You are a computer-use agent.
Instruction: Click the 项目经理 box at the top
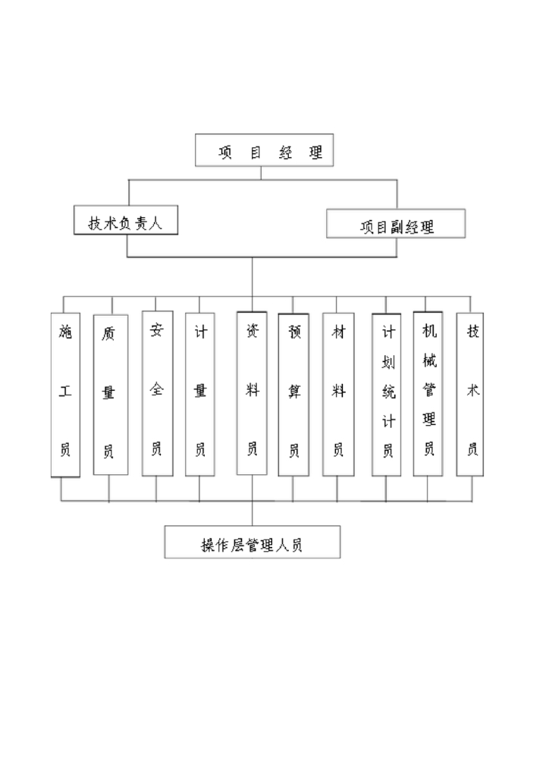coord(264,150)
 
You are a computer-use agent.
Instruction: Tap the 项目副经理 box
coord(396,225)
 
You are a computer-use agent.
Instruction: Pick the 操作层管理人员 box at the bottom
coord(252,543)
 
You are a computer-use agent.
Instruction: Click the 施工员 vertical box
coord(65,395)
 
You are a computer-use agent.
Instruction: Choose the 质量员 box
coord(110,395)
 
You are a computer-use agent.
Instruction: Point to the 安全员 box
coord(157,393)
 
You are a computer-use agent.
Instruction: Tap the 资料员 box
coord(252,393)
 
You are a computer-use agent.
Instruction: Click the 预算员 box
coord(293,395)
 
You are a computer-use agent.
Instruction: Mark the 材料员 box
coord(338,395)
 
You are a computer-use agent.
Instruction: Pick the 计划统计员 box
coord(386,395)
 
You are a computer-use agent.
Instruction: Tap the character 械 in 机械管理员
coord(428,360)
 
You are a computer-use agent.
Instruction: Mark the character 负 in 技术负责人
coord(126,223)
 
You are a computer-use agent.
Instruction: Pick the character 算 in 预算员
coord(294,392)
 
